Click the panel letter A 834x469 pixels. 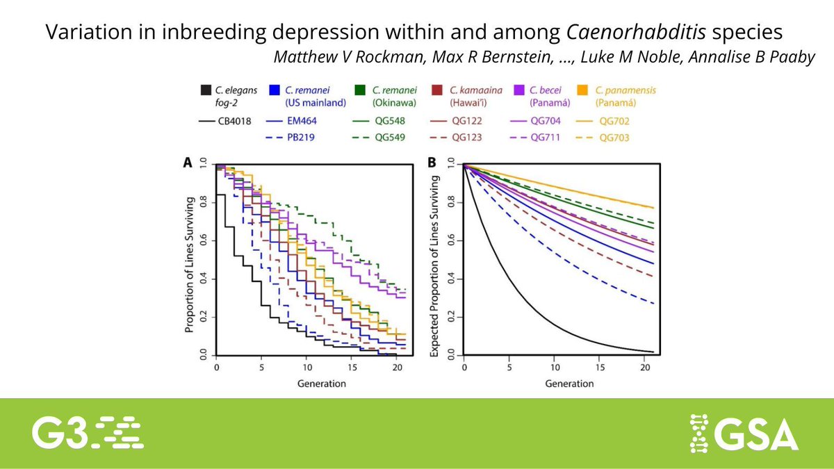(x=187, y=163)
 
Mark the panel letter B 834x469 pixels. (x=432, y=163)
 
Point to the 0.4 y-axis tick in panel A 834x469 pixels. (x=203, y=279)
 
